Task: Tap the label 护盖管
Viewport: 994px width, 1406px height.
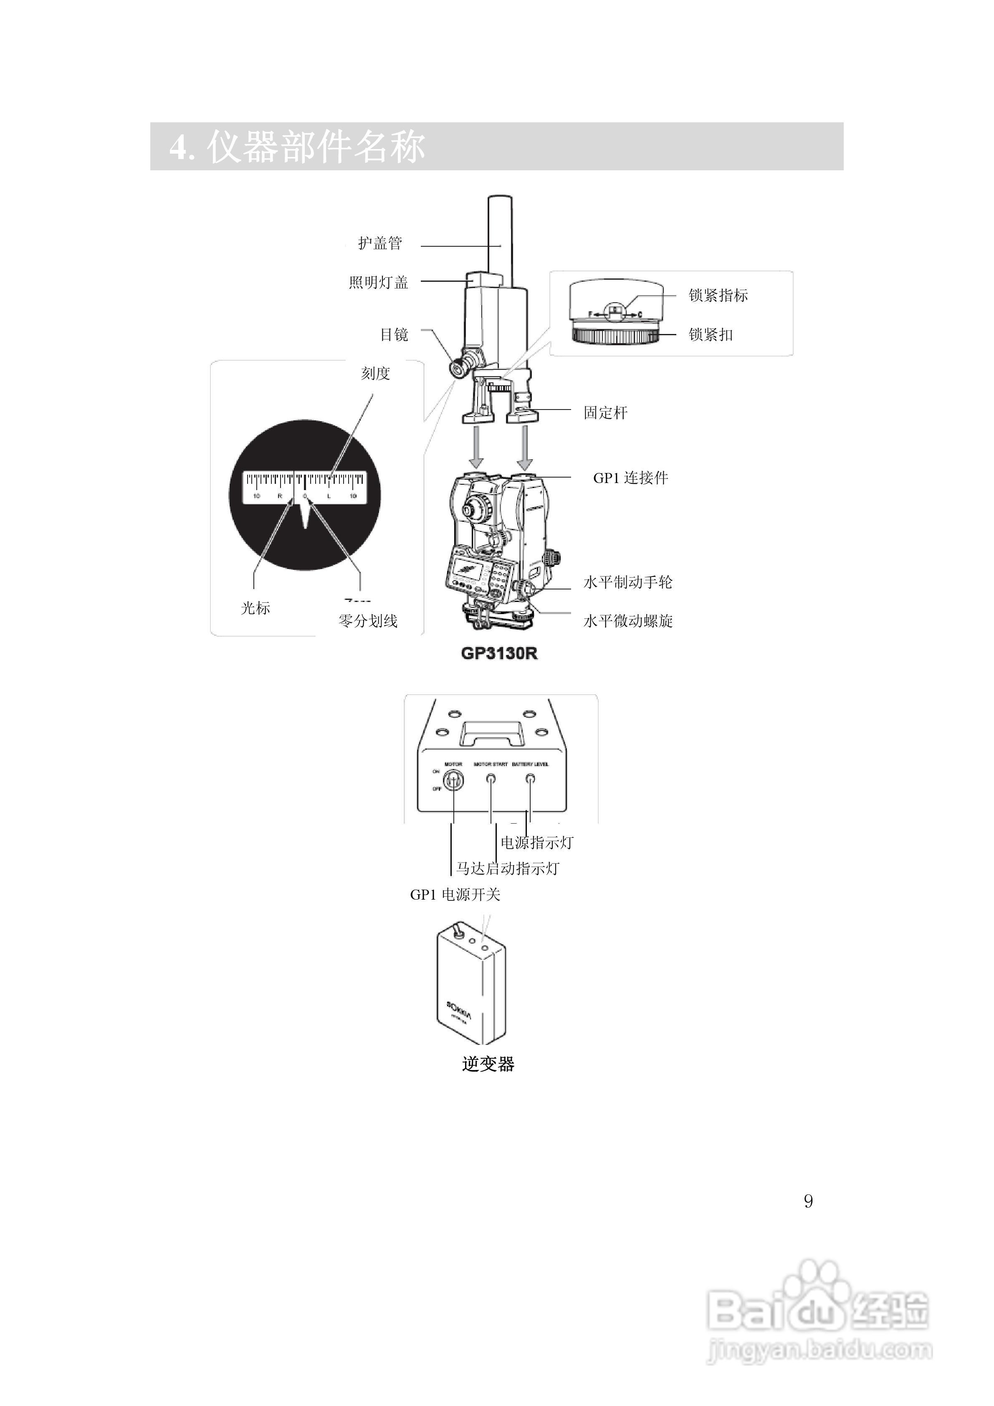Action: coord(380,243)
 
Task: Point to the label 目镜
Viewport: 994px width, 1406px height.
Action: coord(394,334)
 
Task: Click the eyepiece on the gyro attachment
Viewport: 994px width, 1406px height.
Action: coord(458,367)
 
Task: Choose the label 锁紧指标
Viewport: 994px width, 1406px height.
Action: coord(718,295)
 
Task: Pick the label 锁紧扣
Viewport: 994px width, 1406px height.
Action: coord(711,334)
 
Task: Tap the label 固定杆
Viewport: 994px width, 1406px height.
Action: coord(605,413)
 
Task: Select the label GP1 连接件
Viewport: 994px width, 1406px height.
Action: coord(630,478)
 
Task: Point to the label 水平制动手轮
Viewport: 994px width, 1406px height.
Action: coord(628,582)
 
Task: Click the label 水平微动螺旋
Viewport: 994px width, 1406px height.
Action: coord(628,621)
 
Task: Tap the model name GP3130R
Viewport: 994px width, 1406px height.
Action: coord(499,653)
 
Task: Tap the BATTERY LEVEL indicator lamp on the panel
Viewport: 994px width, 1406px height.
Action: coord(530,779)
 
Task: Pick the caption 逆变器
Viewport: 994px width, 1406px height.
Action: coord(488,1064)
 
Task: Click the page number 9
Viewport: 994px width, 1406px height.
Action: coord(808,1201)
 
